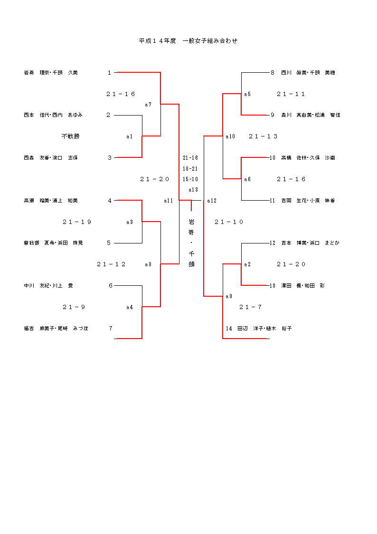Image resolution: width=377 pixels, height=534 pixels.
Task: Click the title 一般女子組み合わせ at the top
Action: (x=210, y=41)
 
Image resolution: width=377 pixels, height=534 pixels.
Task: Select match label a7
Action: (x=148, y=105)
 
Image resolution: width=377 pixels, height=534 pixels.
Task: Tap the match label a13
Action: (x=193, y=190)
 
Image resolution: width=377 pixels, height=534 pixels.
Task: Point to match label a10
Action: (x=230, y=136)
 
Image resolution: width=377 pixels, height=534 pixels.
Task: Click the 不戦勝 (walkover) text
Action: (x=71, y=136)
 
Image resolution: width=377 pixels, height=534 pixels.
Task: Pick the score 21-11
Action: (x=291, y=94)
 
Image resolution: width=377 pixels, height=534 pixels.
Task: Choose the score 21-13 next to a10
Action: (x=263, y=136)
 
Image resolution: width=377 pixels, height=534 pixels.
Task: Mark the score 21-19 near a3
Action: (x=77, y=222)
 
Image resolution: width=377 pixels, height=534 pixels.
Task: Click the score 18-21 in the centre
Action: (x=190, y=169)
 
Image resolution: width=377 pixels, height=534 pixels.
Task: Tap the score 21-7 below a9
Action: (x=251, y=307)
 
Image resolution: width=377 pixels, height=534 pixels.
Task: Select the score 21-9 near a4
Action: (x=74, y=307)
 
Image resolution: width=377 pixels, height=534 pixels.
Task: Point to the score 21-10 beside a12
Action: (x=229, y=222)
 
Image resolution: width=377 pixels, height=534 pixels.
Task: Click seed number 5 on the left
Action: (x=109, y=243)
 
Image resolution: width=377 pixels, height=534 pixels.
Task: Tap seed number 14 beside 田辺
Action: (x=229, y=329)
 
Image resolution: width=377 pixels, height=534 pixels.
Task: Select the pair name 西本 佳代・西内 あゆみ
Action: (x=53, y=115)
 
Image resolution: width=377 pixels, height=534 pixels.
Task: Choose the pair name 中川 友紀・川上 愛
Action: (x=48, y=286)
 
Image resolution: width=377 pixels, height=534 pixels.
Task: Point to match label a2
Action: (x=247, y=264)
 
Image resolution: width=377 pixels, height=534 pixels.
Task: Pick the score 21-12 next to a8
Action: (x=112, y=264)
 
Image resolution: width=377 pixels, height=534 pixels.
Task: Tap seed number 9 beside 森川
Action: (x=273, y=115)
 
